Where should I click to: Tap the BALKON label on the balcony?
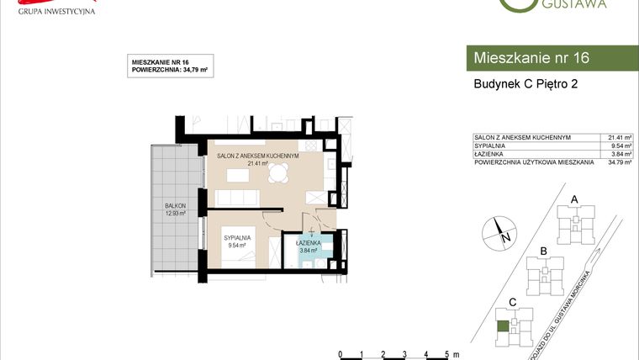tap(176, 205)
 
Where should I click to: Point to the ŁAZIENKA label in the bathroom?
tap(310, 244)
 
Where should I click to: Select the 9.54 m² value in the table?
tap(620, 146)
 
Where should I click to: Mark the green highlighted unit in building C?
tap(503, 326)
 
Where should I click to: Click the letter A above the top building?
tap(574, 199)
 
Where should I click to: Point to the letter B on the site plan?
tap(544, 251)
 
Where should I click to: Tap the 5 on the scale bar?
tap(446, 354)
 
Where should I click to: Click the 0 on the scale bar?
tap(339, 354)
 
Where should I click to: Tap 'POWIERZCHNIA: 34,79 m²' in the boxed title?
tap(171, 71)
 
